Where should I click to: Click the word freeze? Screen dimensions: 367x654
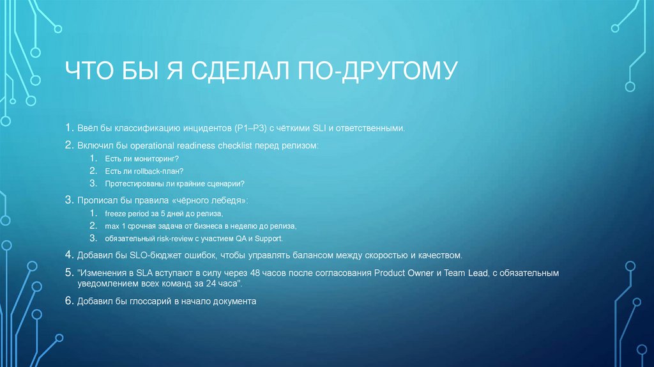(117, 213)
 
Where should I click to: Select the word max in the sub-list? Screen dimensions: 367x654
(113, 226)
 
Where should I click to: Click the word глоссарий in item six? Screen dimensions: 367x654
(134, 301)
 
